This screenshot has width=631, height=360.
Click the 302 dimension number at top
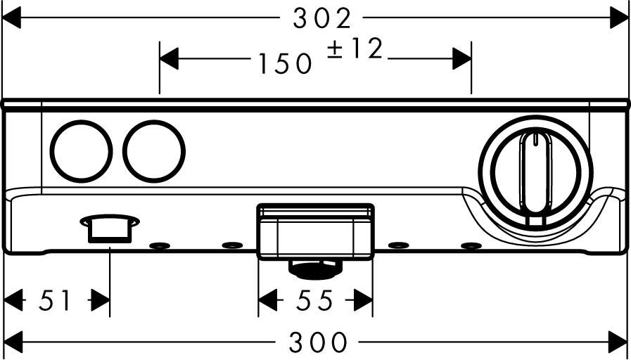321,18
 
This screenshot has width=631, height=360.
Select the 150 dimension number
284,64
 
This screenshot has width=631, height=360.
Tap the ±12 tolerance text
356,50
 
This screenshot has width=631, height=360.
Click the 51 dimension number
56,301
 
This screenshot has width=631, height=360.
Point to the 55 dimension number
314,301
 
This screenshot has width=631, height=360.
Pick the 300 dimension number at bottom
319,343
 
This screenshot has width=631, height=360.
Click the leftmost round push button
81,151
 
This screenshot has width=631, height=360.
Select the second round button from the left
153,151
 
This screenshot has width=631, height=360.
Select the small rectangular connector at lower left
110,226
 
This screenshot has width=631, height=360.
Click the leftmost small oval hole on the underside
160,245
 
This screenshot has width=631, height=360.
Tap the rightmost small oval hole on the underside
471,245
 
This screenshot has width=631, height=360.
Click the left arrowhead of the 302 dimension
12,18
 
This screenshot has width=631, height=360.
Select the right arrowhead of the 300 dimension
619,343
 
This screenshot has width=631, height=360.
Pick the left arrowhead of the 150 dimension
170,59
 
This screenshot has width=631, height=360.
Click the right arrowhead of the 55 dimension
363,301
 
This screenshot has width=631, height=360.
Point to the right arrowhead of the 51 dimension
101,301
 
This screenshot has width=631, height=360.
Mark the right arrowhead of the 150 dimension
461,59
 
